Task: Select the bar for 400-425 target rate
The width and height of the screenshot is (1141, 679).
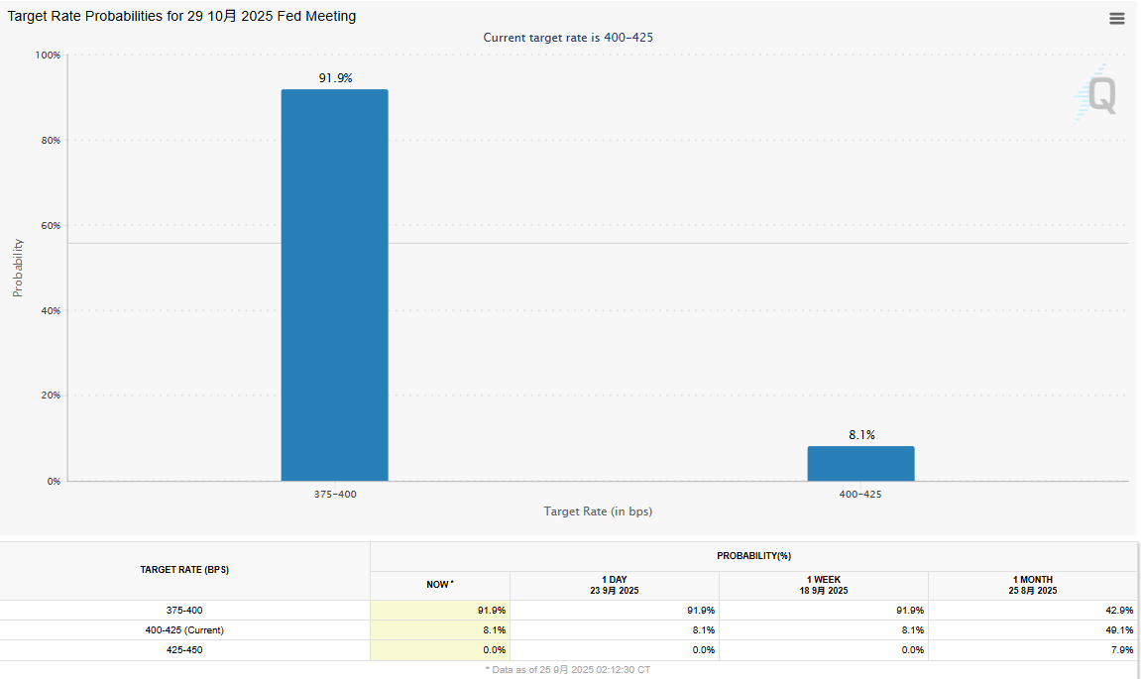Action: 860,464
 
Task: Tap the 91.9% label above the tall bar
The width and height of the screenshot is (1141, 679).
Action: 336,77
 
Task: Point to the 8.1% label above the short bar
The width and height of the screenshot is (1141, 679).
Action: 860,434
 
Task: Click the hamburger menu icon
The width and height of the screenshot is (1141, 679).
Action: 1117,18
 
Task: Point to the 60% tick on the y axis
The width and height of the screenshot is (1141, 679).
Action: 51,226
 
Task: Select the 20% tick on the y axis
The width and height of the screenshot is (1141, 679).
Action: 51,396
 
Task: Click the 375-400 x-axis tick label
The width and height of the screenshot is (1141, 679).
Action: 334,494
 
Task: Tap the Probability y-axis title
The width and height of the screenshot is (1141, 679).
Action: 18,268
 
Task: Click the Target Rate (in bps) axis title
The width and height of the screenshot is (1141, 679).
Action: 598,511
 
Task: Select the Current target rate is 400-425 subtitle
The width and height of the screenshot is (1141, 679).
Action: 568,38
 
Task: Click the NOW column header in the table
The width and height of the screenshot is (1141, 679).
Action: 439,585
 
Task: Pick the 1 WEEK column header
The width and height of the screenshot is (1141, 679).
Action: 825,585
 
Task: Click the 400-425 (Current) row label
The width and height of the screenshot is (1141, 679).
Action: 184,630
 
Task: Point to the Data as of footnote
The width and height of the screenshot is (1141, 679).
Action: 568,670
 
